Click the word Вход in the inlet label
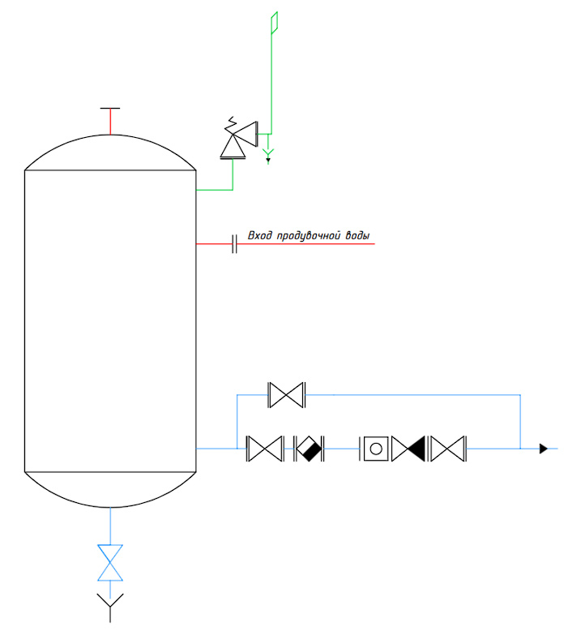260,235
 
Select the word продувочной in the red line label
308,236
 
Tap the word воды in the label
357,236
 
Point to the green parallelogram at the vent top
275,22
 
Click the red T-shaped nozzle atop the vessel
110,121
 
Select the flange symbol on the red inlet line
234,243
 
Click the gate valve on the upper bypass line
287,395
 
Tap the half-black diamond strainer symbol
309,449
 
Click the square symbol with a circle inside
375,449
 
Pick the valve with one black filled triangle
408,449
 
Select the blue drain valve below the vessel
110,562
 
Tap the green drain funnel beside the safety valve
268,155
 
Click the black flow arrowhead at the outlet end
544,449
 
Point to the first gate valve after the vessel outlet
265,449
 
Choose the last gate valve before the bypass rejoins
448,449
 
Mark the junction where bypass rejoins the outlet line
520,449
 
